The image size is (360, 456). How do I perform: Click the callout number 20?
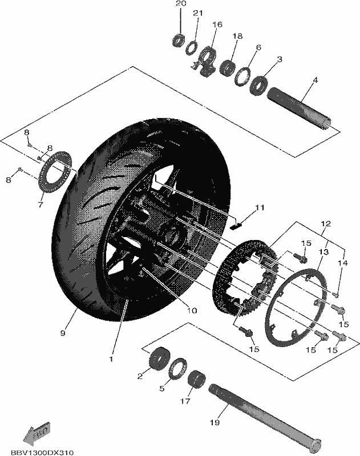(x=180, y=4)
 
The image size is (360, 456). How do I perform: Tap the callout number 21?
(x=197, y=13)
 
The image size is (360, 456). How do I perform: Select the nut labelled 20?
(x=178, y=40)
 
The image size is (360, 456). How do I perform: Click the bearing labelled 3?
(x=260, y=85)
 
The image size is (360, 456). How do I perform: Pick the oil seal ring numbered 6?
(x=242, y=76)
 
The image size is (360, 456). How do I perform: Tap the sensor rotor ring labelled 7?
(x=54, y=172)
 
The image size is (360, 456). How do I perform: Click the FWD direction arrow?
(x=37, y=430)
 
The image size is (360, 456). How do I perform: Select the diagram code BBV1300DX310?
(x=42, y=453)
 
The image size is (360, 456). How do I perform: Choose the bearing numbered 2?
(x=160, y=359)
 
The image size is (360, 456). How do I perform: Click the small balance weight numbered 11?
(x=237, y=225)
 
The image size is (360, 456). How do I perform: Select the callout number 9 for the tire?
(x=63, y=333)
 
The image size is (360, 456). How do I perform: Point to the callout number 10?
(x=192, y=311)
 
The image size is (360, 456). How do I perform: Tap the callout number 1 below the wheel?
(x=111, y=359)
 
